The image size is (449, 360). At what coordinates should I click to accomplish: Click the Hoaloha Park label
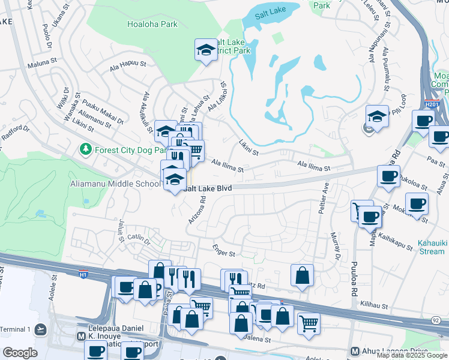pyautogui.click(x=152, y=25)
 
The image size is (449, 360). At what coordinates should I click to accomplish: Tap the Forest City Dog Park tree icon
pyautogui.click(x=86, y=149)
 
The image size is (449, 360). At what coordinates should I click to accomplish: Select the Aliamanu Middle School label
pyautogui.click(x=115, y=184)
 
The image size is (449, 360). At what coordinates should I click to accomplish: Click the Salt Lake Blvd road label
pyautogui.click(x=208, y=188)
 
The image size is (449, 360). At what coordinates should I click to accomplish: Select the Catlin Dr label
pyautogui.click(x=139, y=238)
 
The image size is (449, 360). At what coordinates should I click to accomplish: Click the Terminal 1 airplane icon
pyautogui.click(x=40, y=329)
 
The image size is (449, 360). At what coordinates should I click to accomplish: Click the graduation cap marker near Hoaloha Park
pyautogui.click(x=205, y=50)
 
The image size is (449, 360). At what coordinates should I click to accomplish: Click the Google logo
pyautogui.click(x=20, y=352)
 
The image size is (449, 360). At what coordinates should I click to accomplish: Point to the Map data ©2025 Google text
pyautogui.click(x=412, y=355)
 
